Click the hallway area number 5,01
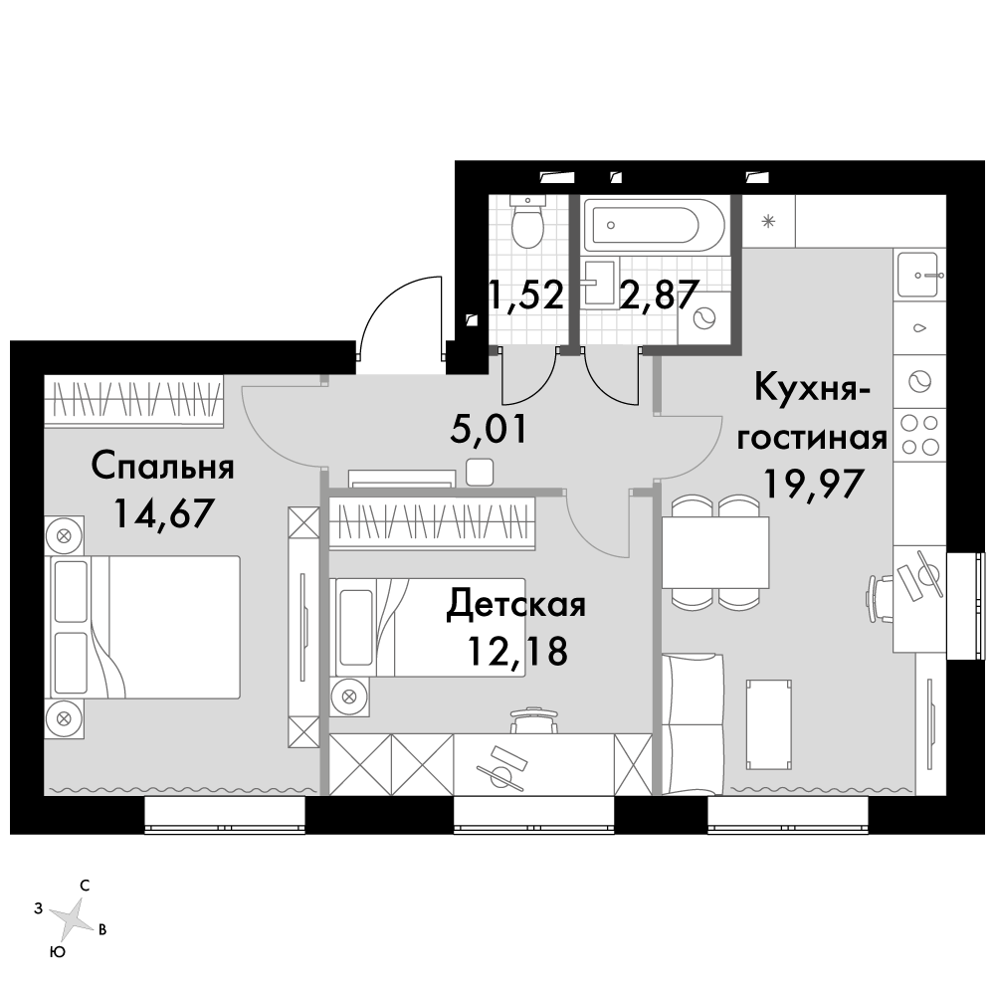489,430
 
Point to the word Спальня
163,467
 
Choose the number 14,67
162,513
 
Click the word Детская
515,604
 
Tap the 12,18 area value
516,651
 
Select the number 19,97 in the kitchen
813,485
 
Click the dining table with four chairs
715,552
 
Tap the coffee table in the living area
769,724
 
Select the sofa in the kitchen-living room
693,724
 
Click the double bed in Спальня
142,628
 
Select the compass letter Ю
58,952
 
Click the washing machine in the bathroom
703,318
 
